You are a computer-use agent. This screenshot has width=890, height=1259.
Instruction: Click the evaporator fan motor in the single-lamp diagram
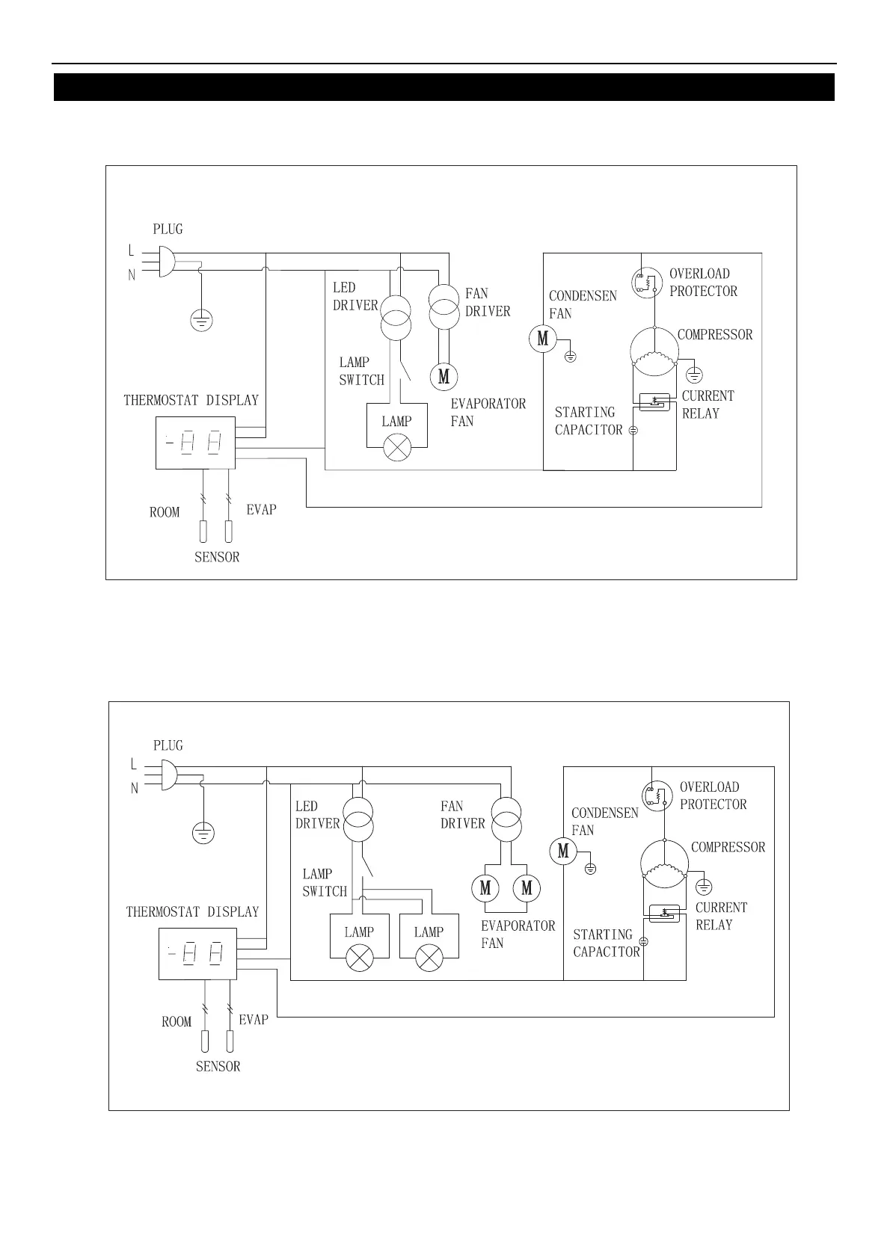click(444, 376)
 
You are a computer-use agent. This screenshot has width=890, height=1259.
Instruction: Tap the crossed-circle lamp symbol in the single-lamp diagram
click(396, 449)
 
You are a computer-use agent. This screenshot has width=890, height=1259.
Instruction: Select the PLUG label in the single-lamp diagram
click(168, 230)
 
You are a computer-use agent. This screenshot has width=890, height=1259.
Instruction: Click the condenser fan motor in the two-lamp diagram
click(563, 851)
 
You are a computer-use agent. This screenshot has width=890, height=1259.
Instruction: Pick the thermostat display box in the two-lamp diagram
click(198, 954)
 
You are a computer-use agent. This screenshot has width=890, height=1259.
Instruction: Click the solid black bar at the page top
click(444, 87)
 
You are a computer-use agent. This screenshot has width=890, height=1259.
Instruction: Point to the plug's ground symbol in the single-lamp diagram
click(201, 321)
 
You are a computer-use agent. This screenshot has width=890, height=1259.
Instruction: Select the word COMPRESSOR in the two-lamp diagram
click(728, 847)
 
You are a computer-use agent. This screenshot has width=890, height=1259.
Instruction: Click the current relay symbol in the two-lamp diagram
click(664, 913)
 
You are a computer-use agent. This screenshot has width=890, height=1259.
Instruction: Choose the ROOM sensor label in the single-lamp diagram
click(165, 512)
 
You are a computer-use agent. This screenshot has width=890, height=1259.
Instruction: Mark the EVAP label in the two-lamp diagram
click(254, 1020)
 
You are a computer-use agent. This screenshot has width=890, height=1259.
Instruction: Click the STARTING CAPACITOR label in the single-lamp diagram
click(588, 421)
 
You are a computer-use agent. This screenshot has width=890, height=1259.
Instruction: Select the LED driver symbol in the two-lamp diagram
click(358, 819)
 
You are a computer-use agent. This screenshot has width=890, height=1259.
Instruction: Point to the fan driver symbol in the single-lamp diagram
click(443, 306)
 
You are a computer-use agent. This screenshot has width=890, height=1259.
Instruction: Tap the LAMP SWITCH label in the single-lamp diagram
click(361, 371)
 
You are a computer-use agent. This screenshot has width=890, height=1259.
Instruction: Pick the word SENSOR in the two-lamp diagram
click(218, 1067)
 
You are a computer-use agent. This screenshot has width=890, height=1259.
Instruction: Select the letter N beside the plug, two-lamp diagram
click(135, 788)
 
